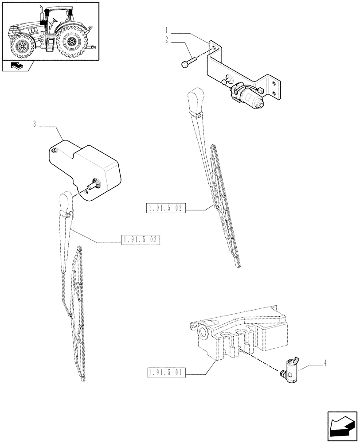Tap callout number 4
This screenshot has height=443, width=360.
coord(325,364)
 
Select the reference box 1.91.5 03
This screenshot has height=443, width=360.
coord(141,240)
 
